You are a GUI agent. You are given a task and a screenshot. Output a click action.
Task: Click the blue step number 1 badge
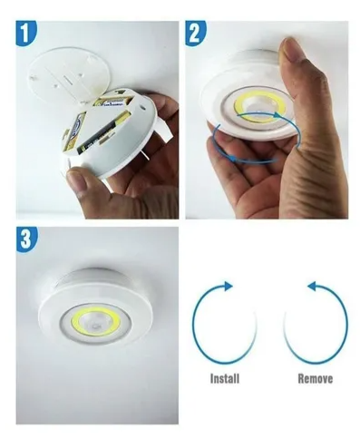point(26,33)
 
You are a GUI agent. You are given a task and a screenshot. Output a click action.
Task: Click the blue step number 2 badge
point(195,33)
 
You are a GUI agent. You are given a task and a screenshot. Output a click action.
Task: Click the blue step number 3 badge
point(26,239)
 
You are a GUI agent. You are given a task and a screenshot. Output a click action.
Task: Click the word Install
point(225,378)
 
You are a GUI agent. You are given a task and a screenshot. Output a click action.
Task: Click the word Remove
point(316,378)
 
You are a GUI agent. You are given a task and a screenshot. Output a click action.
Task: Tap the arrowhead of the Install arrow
point(229,286)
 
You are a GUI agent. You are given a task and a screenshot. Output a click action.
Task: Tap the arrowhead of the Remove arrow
point(312,286)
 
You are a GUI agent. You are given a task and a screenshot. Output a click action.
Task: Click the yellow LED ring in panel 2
point(238,105)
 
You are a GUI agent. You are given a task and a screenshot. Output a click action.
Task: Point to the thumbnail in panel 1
point(75,179)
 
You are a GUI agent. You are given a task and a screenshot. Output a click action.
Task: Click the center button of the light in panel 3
point(96,327)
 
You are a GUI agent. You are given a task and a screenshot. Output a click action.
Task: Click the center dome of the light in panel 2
point(259,107)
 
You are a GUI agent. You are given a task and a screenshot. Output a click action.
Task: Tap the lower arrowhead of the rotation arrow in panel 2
point(230,158)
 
